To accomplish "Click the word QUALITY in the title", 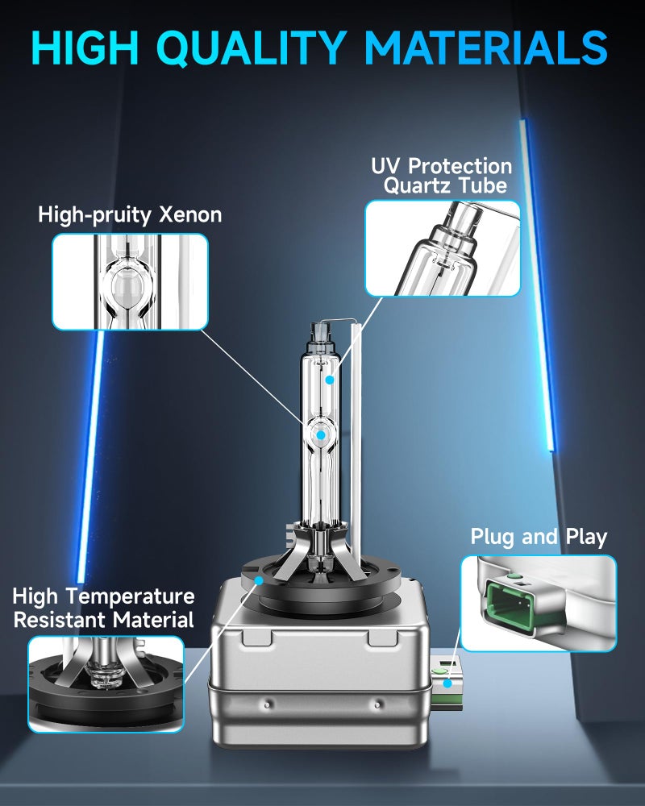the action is (x=251, y=48).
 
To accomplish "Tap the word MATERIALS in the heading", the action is (x=486, y=48).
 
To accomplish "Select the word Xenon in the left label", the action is (x=190, y=214).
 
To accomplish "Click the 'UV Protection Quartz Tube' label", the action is (x=441, y=176).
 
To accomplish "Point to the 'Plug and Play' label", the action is (x=539, y=537).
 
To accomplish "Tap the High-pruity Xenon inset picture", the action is (x=130, y=281).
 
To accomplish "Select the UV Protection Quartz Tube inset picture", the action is (x=443, y=248).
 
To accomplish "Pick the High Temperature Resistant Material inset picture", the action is (x=106, y=683).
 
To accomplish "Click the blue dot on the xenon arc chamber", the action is (x=321, y=435).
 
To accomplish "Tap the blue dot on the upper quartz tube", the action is (x=330, y=380).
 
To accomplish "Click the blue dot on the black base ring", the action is (x=260, y=580).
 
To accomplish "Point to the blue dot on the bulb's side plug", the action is (x=447, y=683).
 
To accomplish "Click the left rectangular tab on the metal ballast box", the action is (x=256, y=637).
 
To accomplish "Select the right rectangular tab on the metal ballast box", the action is (x=384, y=637).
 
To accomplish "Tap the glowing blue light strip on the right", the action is (x=538, y=285).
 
